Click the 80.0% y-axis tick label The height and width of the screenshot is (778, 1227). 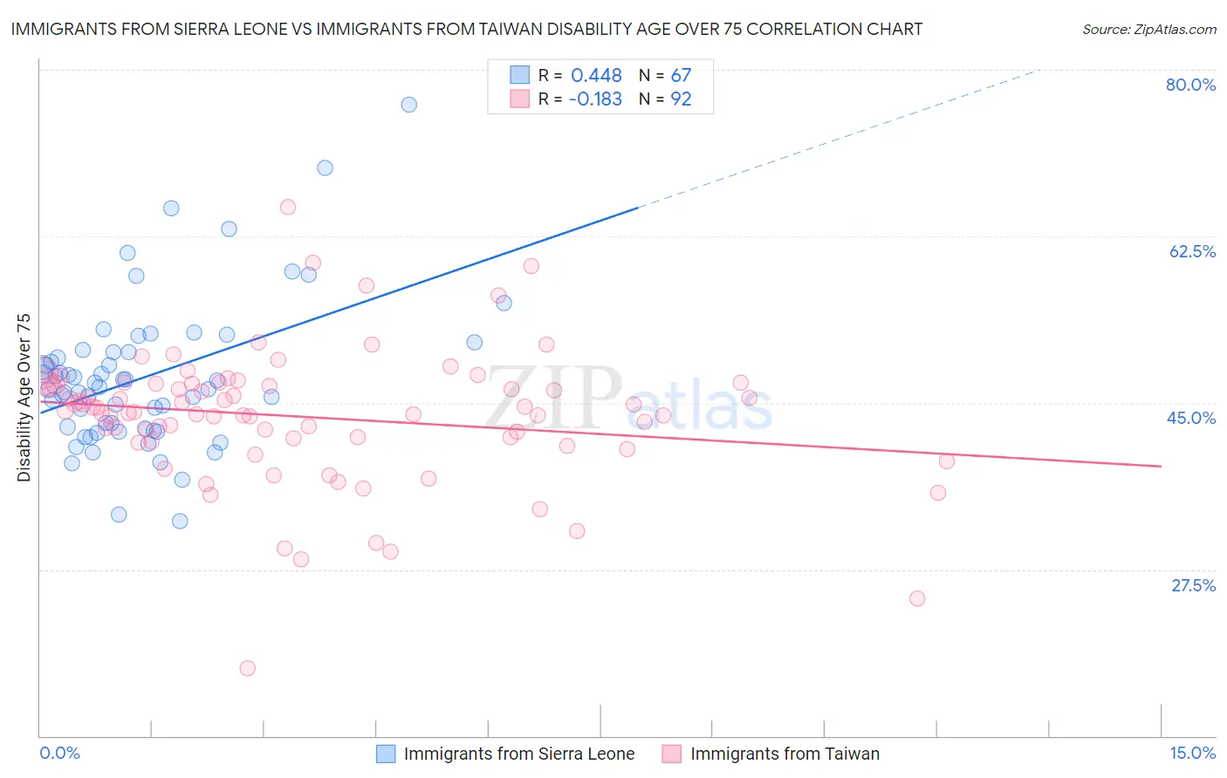[1190, 85]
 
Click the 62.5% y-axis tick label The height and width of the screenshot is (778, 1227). [1192, 251]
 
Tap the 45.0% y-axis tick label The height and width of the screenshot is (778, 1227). [1191, 418]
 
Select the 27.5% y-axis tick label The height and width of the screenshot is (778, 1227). [1193, 585]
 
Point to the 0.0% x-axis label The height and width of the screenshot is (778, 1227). [59, 753]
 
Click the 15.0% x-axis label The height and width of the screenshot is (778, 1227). [1192, 753]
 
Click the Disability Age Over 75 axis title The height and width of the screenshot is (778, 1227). [24, 398]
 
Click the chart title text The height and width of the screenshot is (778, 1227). [466, 30]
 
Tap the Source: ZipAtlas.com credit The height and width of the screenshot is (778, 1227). [1148, 30]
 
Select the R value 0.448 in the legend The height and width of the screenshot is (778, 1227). [596, 76]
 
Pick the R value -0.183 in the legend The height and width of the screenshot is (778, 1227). [595, 99]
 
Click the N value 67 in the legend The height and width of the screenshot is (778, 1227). [681, 76]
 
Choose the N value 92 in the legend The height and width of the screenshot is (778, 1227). [681, 99]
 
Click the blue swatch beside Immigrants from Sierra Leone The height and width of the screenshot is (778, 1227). [386, 754]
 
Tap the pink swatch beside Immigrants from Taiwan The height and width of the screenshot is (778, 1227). [671, 754]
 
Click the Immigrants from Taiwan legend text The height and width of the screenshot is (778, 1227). [785, 754]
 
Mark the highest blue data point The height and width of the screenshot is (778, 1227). [408, 105]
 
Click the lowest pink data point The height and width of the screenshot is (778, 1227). [247, 668]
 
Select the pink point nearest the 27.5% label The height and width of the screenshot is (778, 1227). [917, 598]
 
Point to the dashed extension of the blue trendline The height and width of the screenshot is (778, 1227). [838, 140]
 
